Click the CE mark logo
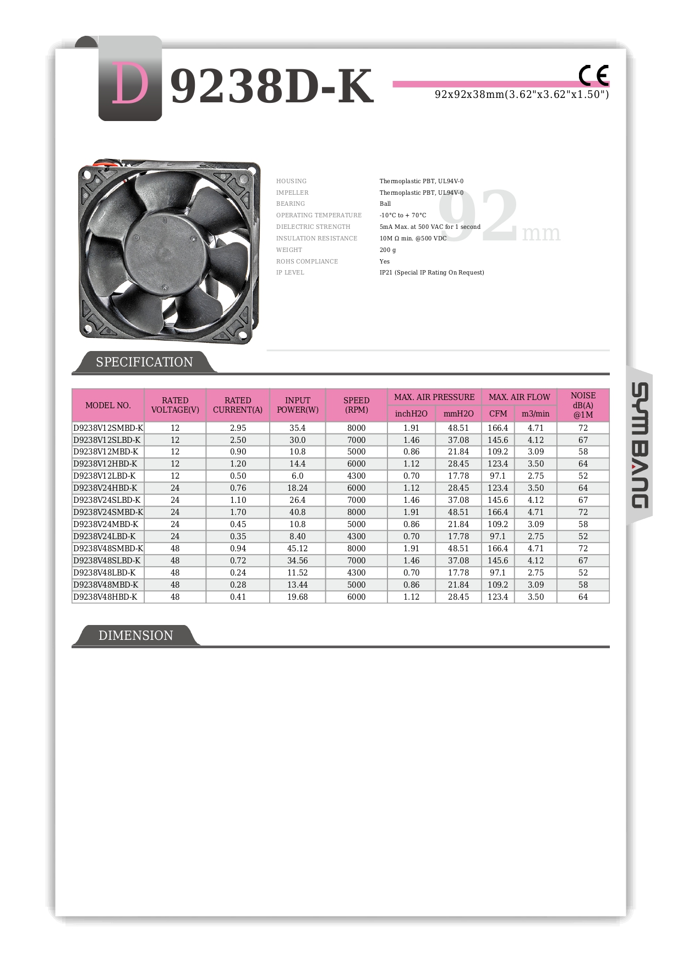pos(593,75)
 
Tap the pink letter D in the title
pos(130,84)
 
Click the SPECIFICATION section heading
pos(144,362)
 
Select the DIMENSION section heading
pos(135,635)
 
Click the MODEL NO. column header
pos(108,405)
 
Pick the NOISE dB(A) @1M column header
pos(583,405)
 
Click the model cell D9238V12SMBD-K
pos(108,428)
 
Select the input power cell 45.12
pos(297,549)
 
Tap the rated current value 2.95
pos(238,428)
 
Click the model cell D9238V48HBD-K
pos(105,597)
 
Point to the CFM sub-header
pos(498,414)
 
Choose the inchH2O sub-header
pos(411,414)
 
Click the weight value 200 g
pos(387,250)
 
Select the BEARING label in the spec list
pos(291,204)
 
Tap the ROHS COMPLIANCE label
pos(307,261)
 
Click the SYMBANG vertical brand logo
pos(639,445)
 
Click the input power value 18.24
pos(297,488)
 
